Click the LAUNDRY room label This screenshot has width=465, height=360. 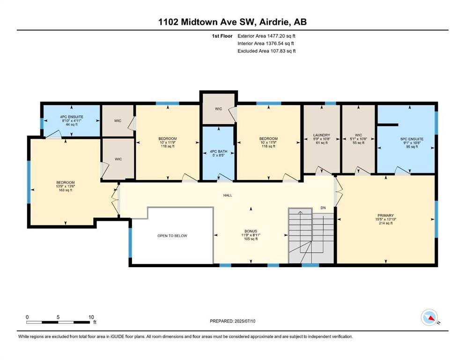[x=321, y=135]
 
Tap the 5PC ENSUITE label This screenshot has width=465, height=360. [x=412, y=139]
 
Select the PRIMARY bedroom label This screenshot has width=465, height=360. [x=385, y=216]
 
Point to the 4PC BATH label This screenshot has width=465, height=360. [x=219, y=151]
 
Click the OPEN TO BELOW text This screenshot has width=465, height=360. [x=172, y=236]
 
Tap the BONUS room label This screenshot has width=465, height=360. [x=251, y=231]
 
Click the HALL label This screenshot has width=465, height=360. [x=228, y=195]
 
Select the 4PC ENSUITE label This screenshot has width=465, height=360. [x=72, y=117]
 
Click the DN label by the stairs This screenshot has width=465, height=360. [x=323, y=208]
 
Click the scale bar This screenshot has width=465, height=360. [x=58, y=322]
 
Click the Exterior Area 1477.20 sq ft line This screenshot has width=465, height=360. [x=266, y=36]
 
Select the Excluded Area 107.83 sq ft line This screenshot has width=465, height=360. [x=266, y=51]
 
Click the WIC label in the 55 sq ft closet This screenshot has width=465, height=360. [x=358, y=135]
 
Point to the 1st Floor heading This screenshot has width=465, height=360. [x=222, y=36]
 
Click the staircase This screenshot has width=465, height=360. [x=311, y=236]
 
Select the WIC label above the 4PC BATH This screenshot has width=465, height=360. [x=219, y=109]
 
